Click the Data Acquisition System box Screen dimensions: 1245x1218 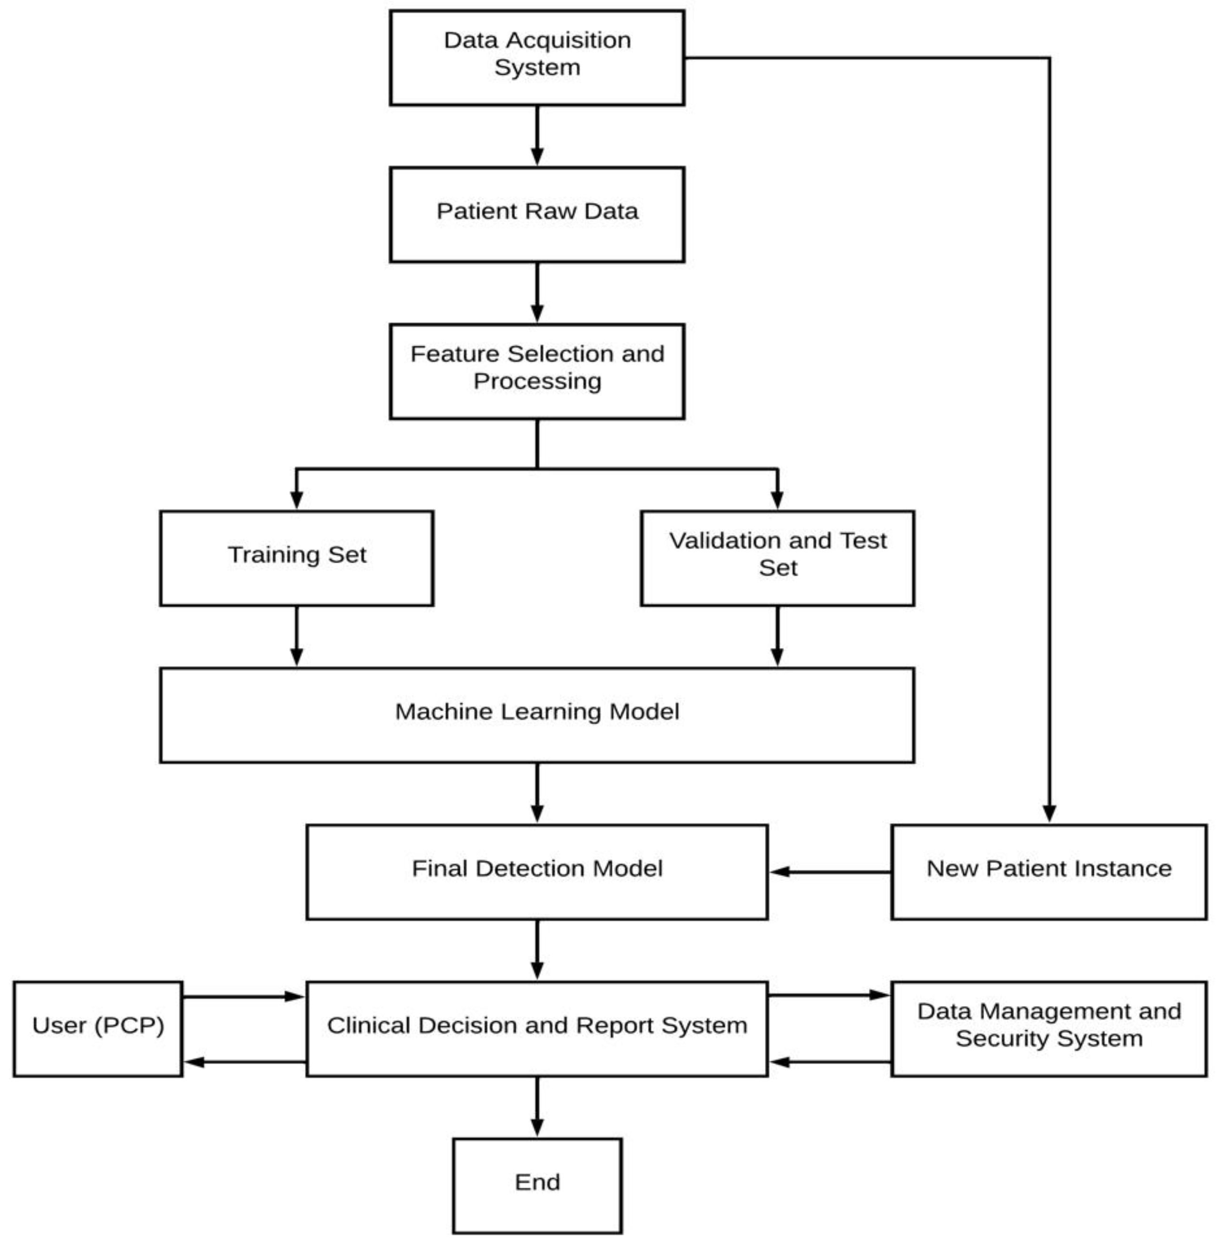tap(537, 58)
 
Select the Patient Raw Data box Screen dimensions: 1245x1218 tap(537, 214)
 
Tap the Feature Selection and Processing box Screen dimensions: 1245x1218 tap(537, 371)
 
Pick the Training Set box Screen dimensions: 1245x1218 tap(296, 558)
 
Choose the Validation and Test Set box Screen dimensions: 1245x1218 tap(777, 558)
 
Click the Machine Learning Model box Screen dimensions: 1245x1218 tap(537, 715)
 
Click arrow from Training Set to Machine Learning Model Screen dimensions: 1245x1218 tap(296, 636)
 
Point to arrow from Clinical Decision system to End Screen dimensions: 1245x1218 tap(537, 1107)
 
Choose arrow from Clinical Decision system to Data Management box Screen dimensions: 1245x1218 tap(829, 995)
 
